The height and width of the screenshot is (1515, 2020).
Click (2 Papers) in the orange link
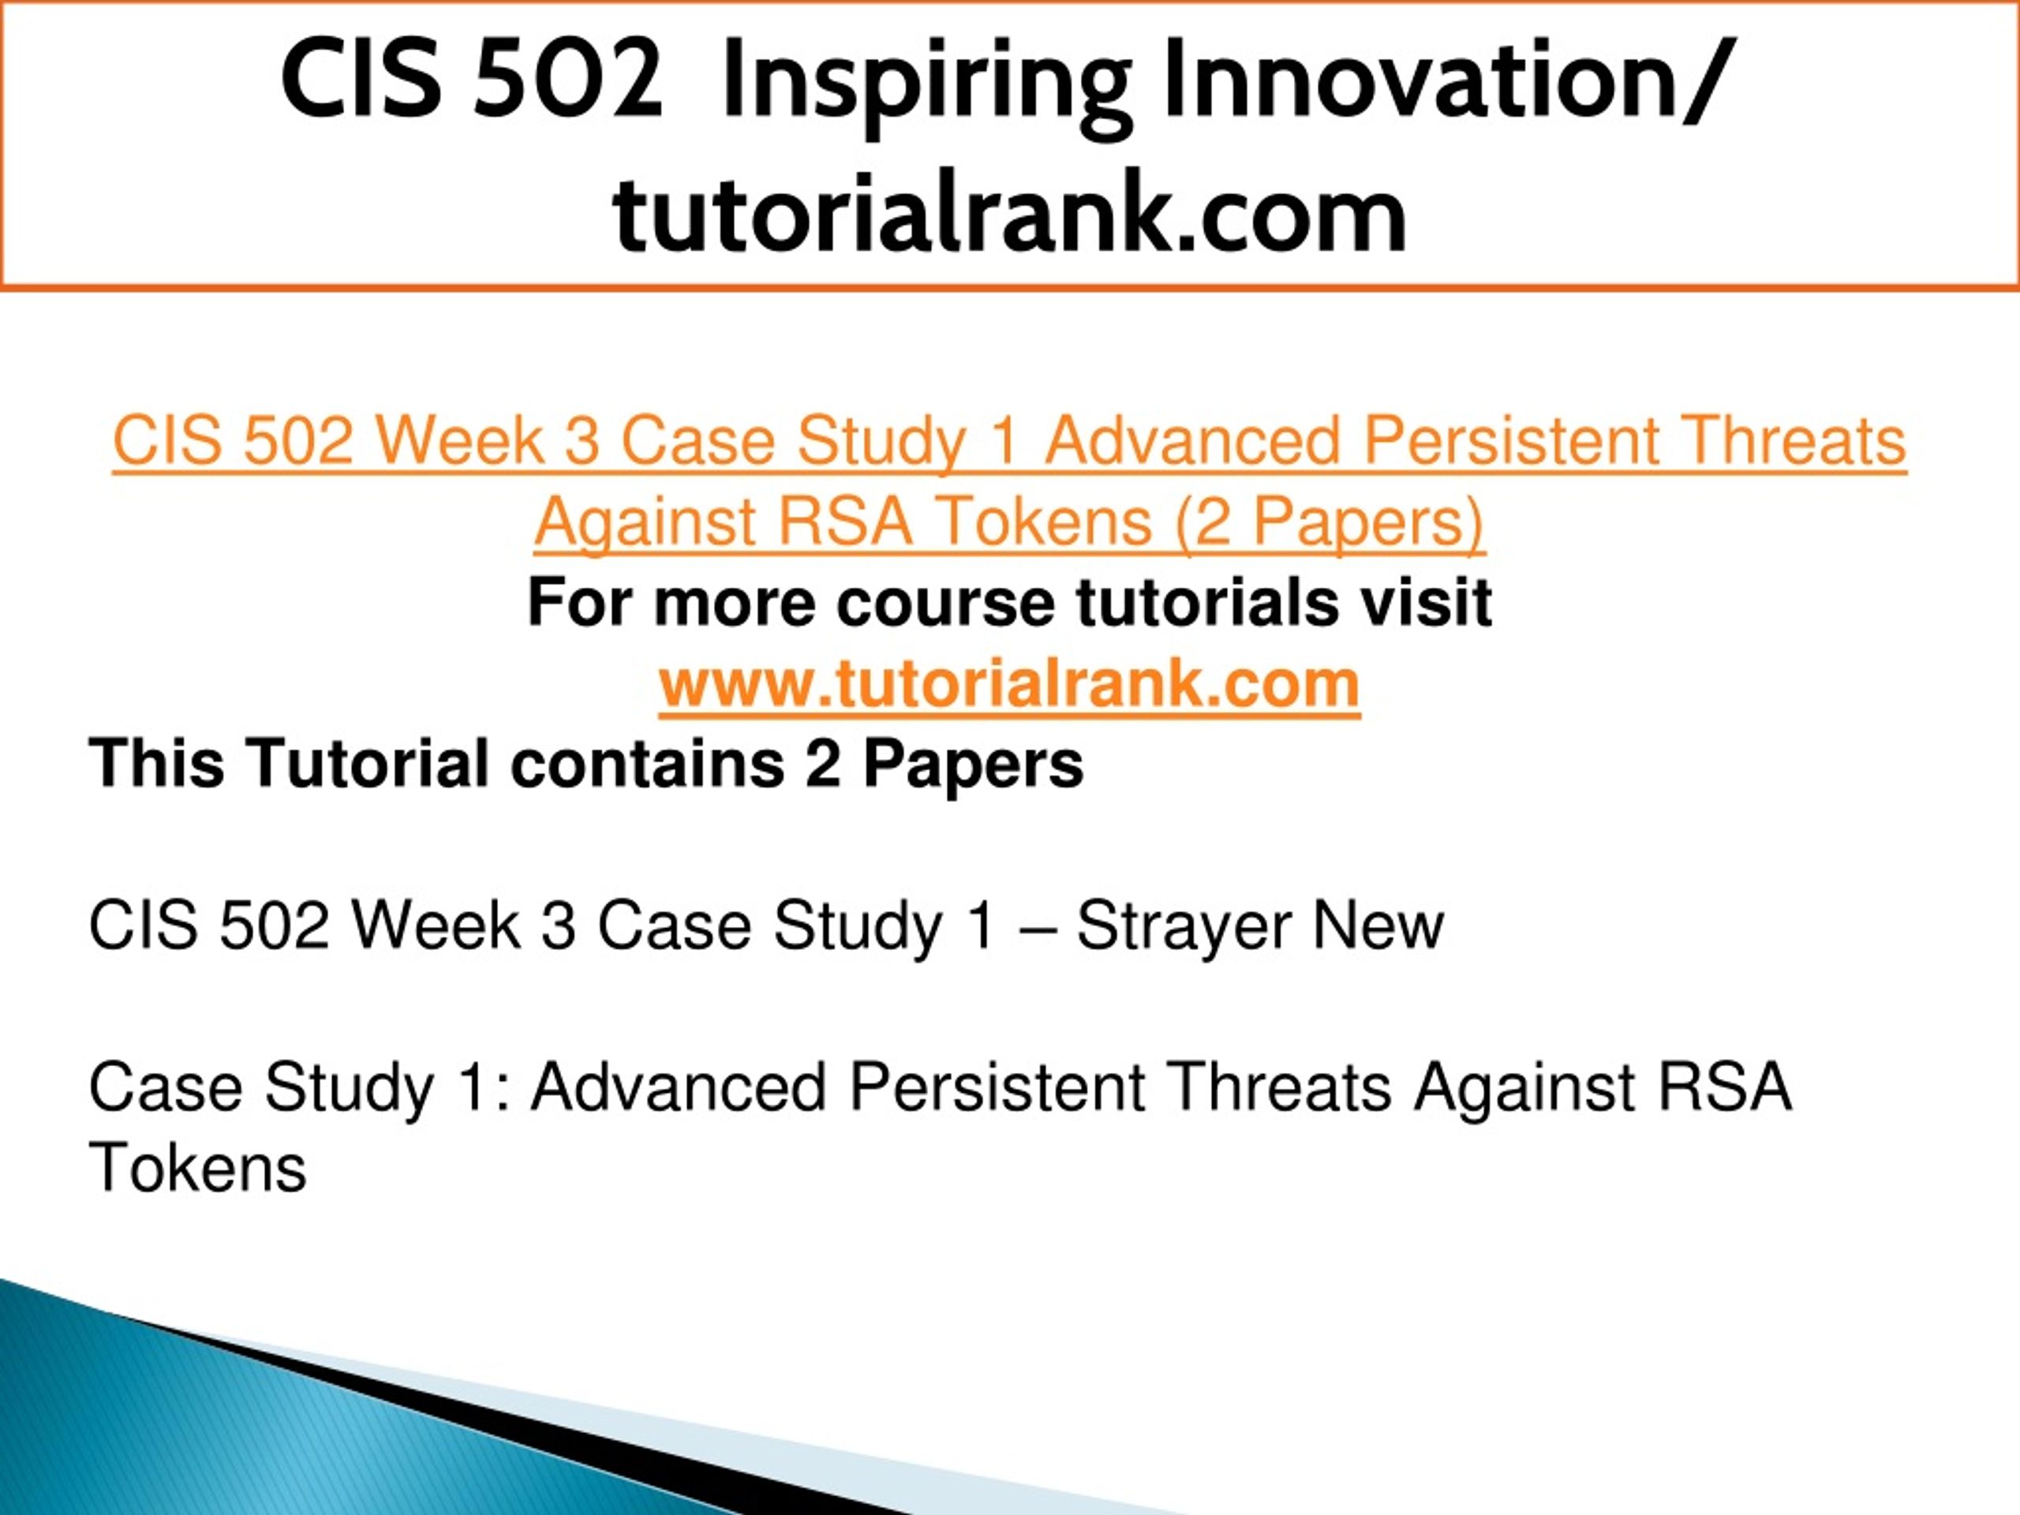point(1330,523)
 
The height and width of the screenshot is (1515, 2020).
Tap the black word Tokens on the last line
point(197,1167)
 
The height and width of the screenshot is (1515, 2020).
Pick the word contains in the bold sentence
point(648,765)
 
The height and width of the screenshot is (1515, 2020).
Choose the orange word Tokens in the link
point(1044,522)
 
